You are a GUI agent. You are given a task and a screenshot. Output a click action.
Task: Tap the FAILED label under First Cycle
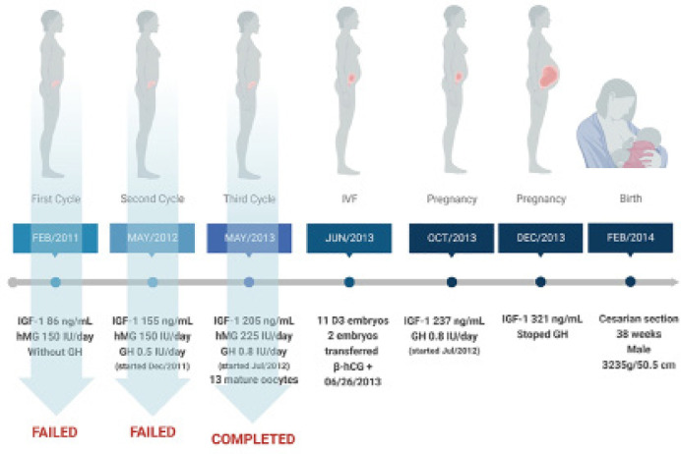coord(56,430)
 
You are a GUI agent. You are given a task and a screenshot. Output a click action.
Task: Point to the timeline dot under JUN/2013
coord(349,282)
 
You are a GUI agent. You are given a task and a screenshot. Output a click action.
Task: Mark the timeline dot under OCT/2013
coord(451,282)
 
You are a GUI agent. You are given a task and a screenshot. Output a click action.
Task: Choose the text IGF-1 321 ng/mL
coord(539,320)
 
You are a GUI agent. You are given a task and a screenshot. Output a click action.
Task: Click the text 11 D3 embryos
coord(349,321)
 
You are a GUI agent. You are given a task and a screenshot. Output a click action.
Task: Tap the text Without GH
coord(56,349)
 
